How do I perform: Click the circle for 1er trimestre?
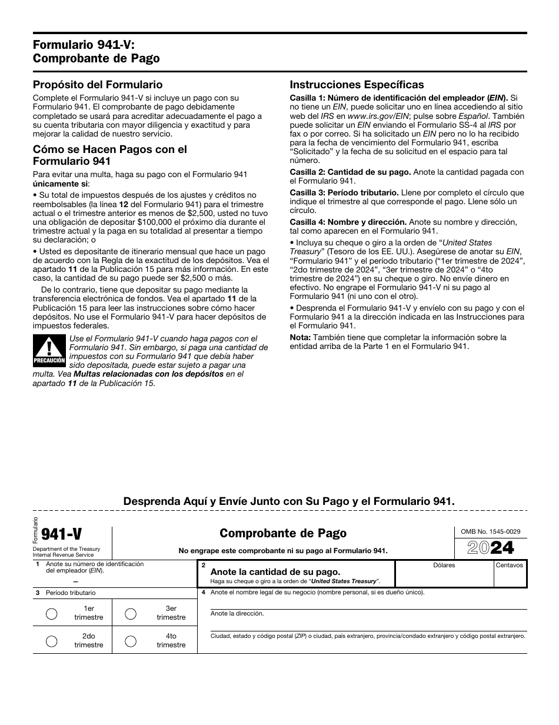pyautogui.click(x=52, y=614)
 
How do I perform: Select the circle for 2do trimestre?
pyautogui.click(x=52, y=641)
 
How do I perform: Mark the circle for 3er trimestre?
pyautogui.click(x=131, y=614)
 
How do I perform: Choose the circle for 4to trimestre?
pyautogui.click(x=131, y=641)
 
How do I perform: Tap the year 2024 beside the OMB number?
pyautogui.click(x=490, y=548)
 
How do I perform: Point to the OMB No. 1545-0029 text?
pyautogui.click(x=487, y=531)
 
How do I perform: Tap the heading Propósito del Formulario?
pyautogui.click(x=98, y=85)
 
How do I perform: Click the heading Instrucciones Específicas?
pyautogui.click(x=357, y=85)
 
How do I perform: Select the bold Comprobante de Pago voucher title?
pyautogui.click(x=283, y=533)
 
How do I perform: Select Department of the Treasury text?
pyautogui.click(x=66, y=549)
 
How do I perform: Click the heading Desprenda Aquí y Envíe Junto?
pyautogui.click(x=289, y=501)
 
